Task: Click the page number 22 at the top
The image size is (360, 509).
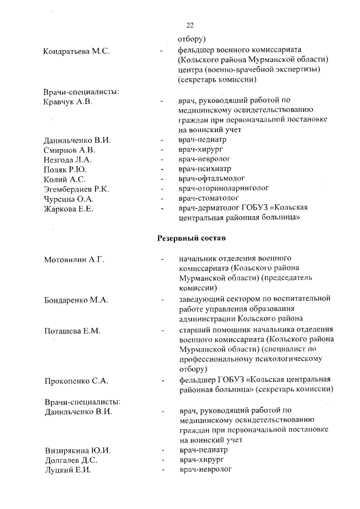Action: (190, 25)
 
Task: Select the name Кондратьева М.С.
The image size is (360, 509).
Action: (76, 52)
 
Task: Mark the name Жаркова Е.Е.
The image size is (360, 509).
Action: (69, 209)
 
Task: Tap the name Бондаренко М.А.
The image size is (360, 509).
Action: (76, 300)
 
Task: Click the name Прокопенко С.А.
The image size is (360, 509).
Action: (76, 381)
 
